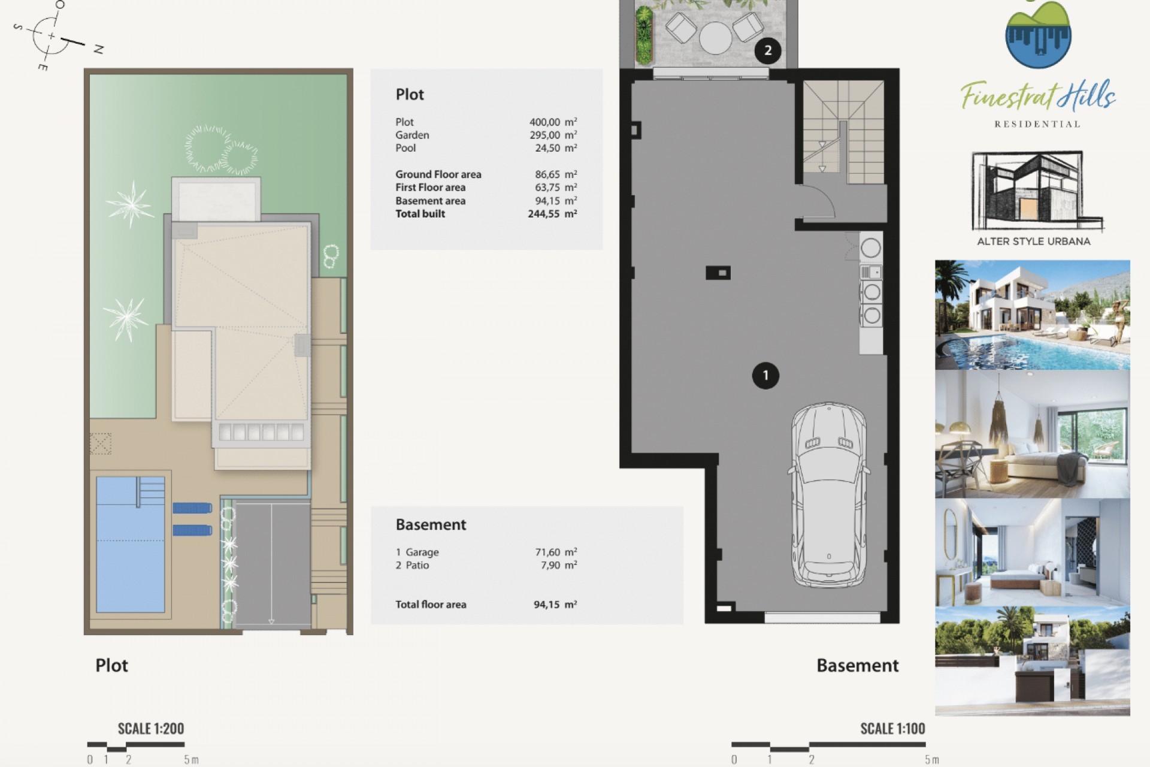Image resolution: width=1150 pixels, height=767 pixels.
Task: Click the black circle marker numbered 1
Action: pyautogui.click(x=765, y=376)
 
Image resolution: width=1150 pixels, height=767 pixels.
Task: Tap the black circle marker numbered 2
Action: pyautogui.click(x=767, y=50)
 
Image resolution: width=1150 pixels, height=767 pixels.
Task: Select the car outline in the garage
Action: pyautogui.click(x=829, y=495)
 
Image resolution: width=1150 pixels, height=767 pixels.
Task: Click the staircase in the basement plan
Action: pyautogui.click(x=843, y=132)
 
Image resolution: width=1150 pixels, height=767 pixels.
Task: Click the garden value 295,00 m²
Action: pyautogui.click(x=552, y=135)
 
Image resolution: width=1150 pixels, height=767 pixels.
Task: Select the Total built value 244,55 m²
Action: pyautogui.click(x=552, y=214)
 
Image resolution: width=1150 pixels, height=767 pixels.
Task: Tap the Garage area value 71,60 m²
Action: pyautogui.click(x=555, y=552)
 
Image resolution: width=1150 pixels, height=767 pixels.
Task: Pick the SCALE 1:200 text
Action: pyautogui.click(x=151, y=729)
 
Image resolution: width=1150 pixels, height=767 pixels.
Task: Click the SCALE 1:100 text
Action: pyautogui.click(x=892, y=729)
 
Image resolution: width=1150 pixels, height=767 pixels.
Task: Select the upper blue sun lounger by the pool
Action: pyautogui.click(x=192, y=508)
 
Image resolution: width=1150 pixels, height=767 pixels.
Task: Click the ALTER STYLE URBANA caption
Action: pyautogui.click(x=1033, y=241)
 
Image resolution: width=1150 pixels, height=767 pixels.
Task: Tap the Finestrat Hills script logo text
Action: pyautogui.click(x=1037, y=96)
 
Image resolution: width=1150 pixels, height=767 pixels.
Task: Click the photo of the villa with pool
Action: pyautogui.click(x=1032, y=315)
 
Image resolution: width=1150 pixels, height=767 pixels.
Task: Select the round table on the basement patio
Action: pyautogui.click(x=715, y=38)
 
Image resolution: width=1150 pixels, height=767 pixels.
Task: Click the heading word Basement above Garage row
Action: pyautogui.click(x=431, y=525)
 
